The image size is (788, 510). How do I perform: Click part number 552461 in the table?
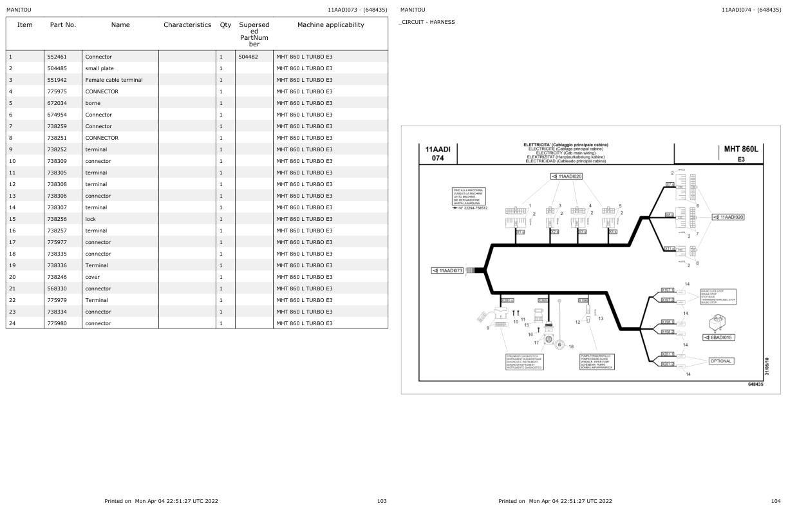(57, 57)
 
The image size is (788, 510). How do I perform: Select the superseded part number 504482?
(248, 57)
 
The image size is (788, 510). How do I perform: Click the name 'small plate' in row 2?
(99, 68)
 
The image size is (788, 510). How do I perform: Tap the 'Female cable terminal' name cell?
(114, 80)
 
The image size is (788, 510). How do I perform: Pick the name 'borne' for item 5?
(93, 103)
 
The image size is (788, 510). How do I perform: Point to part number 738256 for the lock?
(57, 219)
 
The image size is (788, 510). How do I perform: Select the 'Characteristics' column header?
(187, 25)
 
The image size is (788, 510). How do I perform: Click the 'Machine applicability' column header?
(330, 25)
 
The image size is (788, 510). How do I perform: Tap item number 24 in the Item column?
(12, 323)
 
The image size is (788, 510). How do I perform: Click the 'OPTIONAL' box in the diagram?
(720, 361)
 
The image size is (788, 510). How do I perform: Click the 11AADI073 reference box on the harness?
(448, 270)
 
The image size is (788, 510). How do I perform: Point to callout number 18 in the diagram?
(571, 346)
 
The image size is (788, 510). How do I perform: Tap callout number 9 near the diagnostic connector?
(487, 328)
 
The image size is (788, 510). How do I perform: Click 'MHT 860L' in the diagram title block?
(741, 149)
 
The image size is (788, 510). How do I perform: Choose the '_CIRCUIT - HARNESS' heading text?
(427, 22)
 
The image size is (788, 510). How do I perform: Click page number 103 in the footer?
(382, 501)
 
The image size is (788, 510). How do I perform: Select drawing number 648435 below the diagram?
(755, 384)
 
